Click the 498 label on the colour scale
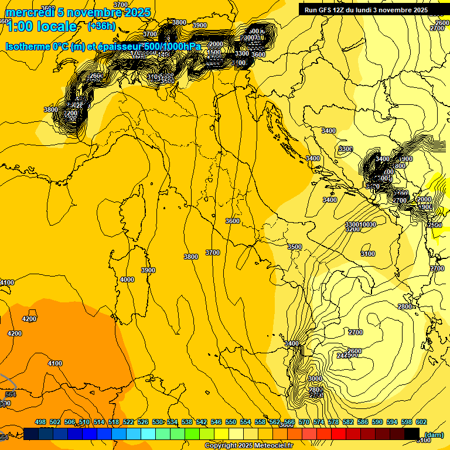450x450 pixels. pos(40,422)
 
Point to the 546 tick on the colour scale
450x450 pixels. pos(216,422)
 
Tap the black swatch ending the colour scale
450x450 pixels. pos(412,434)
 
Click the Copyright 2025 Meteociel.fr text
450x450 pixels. pos(249,446)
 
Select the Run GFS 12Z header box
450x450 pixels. pos(372,9)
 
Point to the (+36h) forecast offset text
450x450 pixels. pos(101,26)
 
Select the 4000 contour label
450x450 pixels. pos(127,279)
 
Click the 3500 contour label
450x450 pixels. pos(294,247)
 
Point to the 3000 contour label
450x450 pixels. pos(315,379)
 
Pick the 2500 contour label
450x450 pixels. pos(435,225)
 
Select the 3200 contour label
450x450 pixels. pos(353,229)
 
